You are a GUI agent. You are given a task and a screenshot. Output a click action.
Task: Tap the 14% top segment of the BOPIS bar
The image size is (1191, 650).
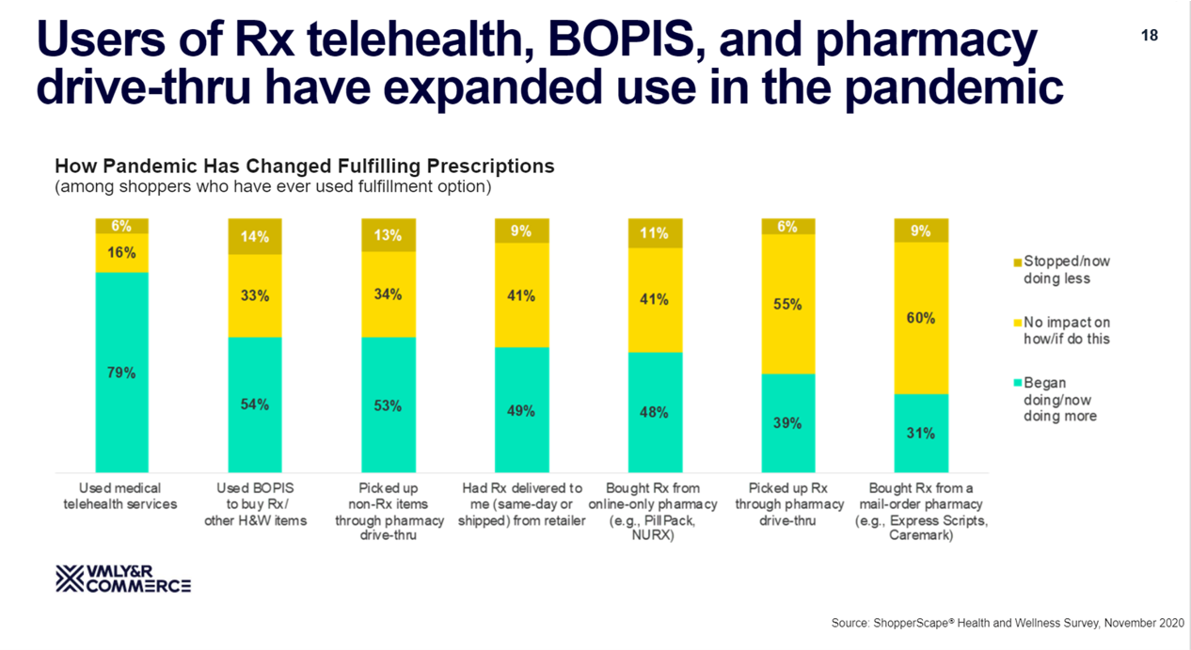(255, 236)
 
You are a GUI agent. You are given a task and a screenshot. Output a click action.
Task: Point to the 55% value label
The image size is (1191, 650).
(787, 305)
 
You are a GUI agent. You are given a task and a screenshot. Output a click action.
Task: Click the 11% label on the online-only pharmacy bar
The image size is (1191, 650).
(654, 233)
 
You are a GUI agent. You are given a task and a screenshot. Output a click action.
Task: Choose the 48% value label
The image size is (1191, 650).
(654, 412)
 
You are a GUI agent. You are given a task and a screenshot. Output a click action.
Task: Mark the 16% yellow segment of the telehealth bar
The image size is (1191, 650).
(121, 252)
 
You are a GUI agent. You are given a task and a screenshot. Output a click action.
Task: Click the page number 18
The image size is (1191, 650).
(1149, 36)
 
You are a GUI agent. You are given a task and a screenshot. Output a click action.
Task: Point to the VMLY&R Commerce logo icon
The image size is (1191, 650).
(71, 579)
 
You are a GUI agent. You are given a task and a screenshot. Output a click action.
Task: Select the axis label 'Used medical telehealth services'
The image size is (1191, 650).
(120, 496)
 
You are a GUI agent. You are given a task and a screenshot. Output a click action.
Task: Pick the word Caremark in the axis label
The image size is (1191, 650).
(921, 535)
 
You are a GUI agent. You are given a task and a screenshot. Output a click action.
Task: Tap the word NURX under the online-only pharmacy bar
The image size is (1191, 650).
(654, 535)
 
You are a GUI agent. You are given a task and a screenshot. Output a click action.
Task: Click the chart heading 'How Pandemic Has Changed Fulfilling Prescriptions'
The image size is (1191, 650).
(305, 166)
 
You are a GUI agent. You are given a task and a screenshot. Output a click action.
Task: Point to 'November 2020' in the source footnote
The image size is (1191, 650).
(1144, 624)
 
